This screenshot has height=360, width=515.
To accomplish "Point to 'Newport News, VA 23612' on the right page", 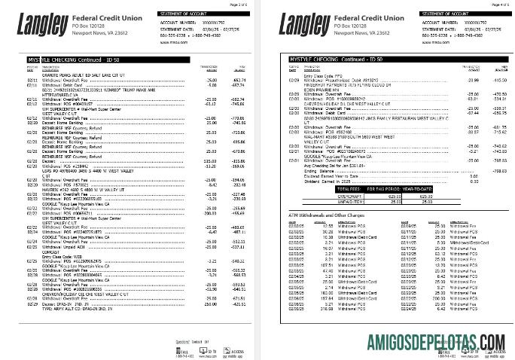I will point(364,34).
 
